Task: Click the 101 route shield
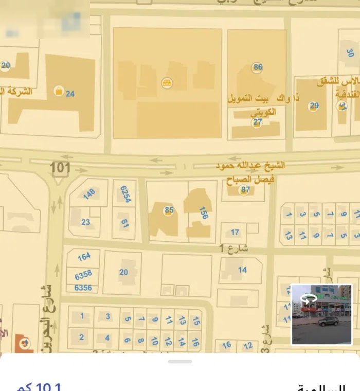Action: point(60,169)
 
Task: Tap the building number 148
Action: point(89,194)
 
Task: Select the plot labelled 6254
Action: point(124,195)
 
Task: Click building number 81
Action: point(124,223)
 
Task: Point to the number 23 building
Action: point(85,222)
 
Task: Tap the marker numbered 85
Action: point(169,210)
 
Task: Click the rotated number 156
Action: point(204,213)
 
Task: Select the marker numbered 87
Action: point(245,190)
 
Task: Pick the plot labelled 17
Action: point(235,232)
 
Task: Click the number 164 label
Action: point(84,256)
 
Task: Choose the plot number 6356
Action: point(83,288)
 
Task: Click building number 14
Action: point(242,270)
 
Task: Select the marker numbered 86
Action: point(258,67)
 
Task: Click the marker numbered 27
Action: point(257,122)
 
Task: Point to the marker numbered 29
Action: point(314,106)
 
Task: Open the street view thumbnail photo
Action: point(321,314)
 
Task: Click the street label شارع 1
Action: point(237,248)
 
